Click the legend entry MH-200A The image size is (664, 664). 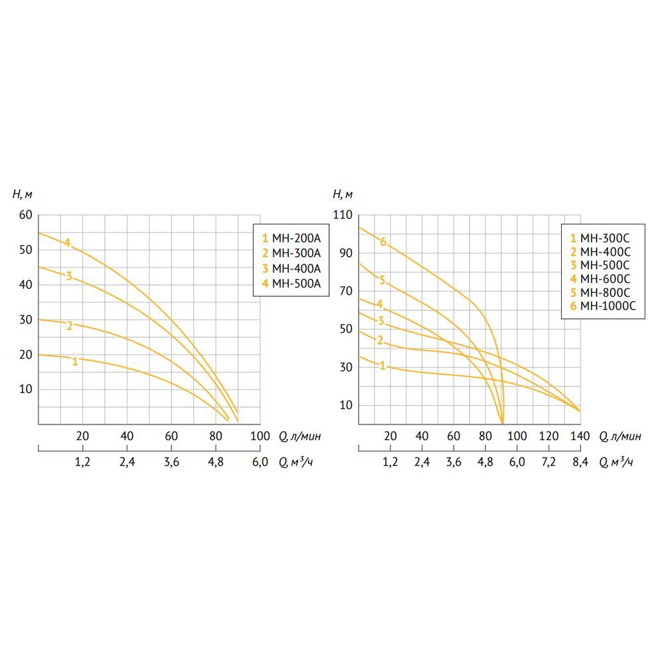(292, 238)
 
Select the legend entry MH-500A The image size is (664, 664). (292, 284)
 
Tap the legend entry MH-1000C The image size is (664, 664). (604, 306)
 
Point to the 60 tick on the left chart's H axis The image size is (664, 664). (26, 215)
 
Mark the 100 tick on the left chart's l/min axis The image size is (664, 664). (260, 436)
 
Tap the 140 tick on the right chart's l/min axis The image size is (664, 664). (580, 436)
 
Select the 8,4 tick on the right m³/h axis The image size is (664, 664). (580, 462)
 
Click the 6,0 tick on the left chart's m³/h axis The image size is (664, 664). (260, 462)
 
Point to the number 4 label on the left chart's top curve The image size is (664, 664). (67, 243)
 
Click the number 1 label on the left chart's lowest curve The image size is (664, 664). (75, 361)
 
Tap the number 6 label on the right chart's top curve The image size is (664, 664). (383, 242)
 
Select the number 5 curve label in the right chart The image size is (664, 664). (382, 280)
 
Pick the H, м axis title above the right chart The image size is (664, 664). (342, 194)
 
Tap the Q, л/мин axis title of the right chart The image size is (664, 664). (621, 436)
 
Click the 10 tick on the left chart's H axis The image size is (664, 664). (26, 389)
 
